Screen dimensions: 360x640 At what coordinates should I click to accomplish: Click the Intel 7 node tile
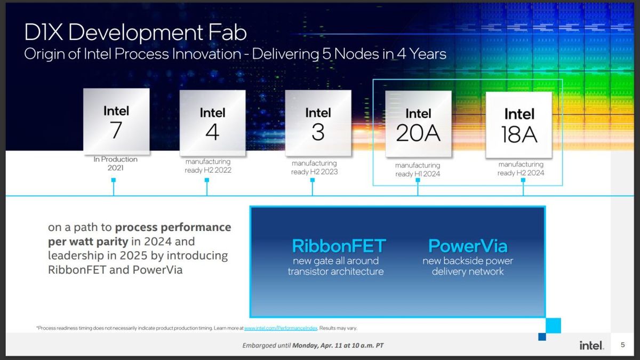tap(116, 122)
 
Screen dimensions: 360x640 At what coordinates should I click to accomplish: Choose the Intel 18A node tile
tap(518, 125)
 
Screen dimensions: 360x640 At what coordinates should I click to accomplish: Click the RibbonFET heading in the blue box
tap(339, 246)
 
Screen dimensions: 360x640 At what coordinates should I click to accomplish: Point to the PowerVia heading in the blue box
tap(468, 246)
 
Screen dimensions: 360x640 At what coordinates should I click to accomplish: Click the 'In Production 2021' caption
tap(116, 163)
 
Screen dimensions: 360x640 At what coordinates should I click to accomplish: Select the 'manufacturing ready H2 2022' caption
tap(208, 166)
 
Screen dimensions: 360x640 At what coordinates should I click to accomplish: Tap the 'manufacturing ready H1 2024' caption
tap(418, 170)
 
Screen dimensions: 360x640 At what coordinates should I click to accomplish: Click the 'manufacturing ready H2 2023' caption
tap(314, 167)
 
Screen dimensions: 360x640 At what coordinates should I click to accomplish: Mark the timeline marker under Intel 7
tap(114, 180)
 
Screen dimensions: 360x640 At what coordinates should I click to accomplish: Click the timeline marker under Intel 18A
tap(523, 180)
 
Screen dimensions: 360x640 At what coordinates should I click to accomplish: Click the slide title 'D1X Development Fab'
tap(135, 33)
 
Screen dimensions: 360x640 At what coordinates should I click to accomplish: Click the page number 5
tap(622, 346)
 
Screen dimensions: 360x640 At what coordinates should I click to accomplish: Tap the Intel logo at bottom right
tap(591, 346)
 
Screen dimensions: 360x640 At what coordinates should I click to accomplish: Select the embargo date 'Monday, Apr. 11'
tap(322, 346)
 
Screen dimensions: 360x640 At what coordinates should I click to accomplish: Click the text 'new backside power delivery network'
tap(468, 266)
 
